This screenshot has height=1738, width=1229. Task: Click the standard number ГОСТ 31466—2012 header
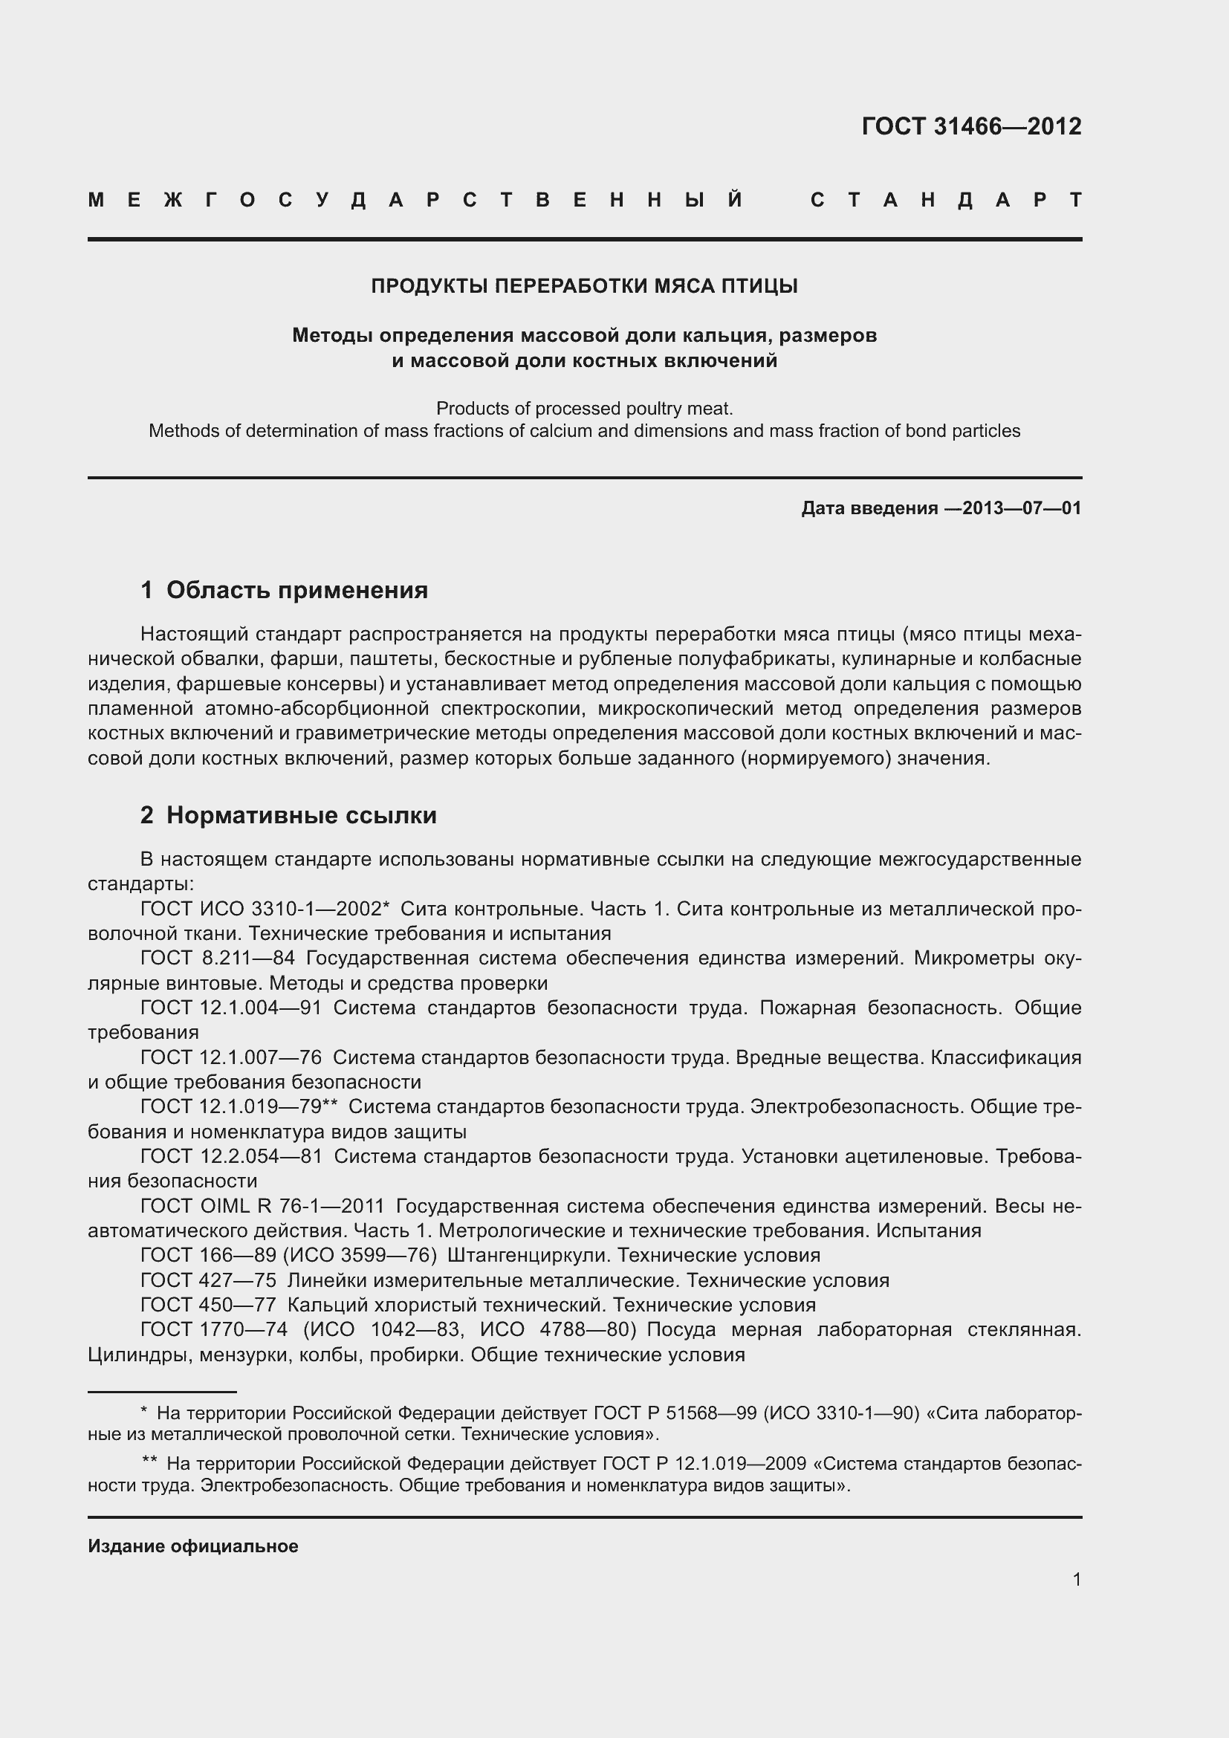tap(971, 126)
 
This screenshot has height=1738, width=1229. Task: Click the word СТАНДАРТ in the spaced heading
tap(945, 201)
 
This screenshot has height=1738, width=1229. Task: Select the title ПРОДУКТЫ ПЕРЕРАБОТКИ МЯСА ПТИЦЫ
tap(584, 286)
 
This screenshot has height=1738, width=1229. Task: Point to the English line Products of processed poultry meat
tap(584, 409)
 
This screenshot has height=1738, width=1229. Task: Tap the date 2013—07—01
tap(1022, 508)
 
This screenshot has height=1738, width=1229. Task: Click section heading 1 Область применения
tap(285, 590)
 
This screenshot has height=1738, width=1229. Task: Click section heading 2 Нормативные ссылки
tap(288, 815)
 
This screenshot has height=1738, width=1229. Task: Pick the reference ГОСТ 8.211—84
tap(218, 958)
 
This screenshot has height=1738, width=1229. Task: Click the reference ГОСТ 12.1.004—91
tap(232, 1008)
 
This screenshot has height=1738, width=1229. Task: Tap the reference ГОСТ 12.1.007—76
tap(232, 1057)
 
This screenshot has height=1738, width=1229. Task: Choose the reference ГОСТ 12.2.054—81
tap(232, 1156)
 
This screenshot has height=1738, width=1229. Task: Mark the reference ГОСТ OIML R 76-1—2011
tap(262, 1206)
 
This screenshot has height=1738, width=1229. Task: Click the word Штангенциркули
tap(528, 1255)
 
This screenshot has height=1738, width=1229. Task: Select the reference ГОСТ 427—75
tap(208, 1280)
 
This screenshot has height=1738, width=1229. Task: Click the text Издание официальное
tap(193, 1546)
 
